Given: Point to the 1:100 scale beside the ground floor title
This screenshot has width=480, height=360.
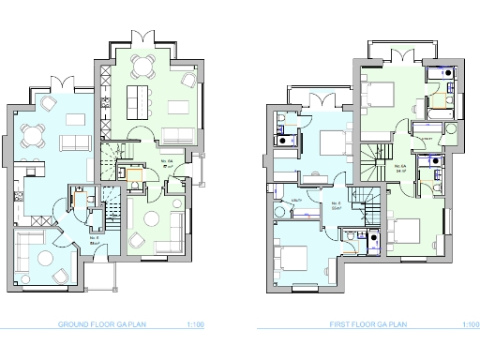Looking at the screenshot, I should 195,325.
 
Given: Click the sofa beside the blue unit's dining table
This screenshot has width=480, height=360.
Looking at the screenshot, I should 71,142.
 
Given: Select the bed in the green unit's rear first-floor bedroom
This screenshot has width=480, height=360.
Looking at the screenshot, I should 380,94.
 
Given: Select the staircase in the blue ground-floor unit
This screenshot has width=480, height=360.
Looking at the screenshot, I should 111,202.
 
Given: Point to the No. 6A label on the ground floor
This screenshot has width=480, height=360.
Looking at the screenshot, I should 169,161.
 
